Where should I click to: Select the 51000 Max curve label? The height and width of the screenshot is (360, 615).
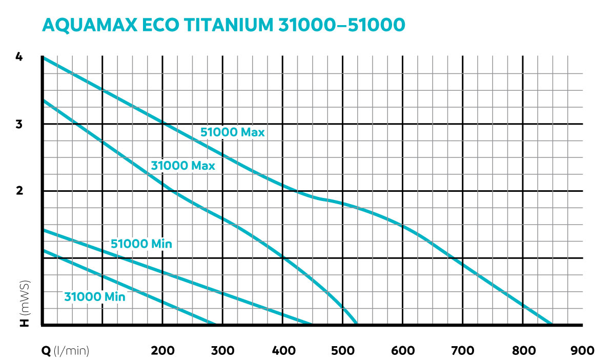232,132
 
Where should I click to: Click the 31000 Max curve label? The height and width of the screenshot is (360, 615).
183,166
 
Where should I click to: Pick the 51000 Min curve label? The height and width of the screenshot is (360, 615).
141,244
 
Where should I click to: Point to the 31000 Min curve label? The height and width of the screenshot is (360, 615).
95,296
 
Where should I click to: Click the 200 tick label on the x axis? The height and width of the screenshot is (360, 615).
163,351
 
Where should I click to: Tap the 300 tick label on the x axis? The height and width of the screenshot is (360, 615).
223,351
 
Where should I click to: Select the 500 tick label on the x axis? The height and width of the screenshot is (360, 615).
343,351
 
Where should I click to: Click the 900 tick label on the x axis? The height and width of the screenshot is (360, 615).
583,351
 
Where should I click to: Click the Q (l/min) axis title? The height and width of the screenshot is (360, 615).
66,351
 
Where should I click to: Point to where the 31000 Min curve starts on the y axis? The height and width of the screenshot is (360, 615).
43,250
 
